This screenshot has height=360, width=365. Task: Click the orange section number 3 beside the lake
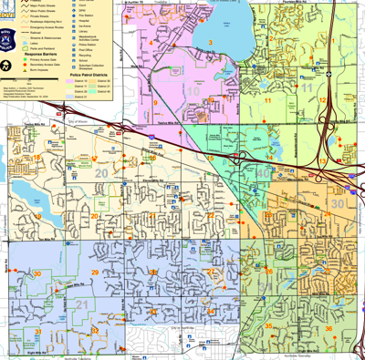pyautogui.click(x=211, y=42)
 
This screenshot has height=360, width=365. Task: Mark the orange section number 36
pyautogui.click(x=328, y=328)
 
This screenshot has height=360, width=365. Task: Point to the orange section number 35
pyautogui.click(x=268, y=326)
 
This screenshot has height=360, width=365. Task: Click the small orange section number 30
pyautogui.click(x=37, y=273)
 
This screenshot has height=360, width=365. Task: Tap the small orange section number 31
pyautogui.click(x=37, y=330)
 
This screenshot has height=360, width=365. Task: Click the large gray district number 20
pyautogui.click(x=99, y=173)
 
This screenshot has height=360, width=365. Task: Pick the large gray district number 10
pyautogui.click(x=193, y=91)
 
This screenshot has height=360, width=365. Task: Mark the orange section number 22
pyautogui.click(x=210, y=216)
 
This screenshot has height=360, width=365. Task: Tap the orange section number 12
pyautogui.click(x=323, y=100)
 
